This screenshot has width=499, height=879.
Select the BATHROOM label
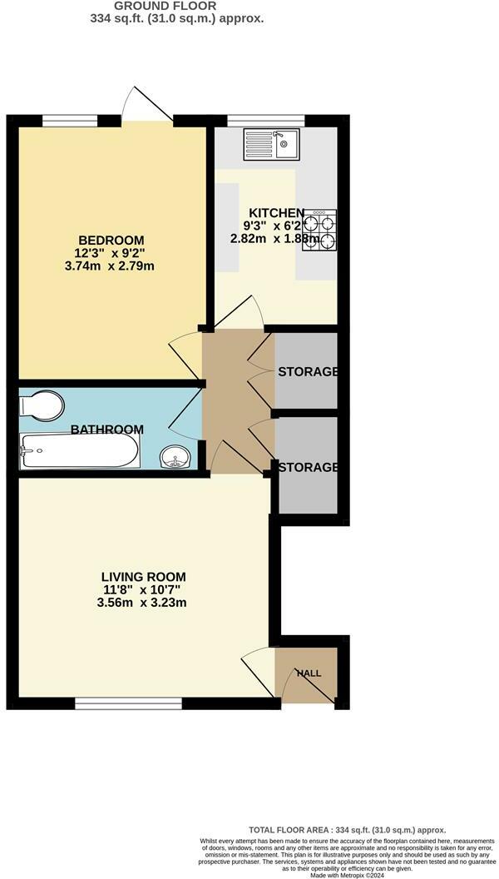[x=106, y=430]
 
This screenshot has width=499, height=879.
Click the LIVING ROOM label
[x=143, y=576]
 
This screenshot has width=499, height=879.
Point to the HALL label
[x=309, y=673]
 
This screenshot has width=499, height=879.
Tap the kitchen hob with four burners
[x=320, y=231]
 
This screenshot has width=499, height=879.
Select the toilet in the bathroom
[x=42, y=406]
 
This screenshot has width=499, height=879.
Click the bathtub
[x=79, y=451]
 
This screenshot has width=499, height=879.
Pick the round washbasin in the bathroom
[x=175, y=457]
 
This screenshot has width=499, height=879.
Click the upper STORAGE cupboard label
[x=308, y=371]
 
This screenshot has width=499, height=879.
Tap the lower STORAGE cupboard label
[x=308, y=467]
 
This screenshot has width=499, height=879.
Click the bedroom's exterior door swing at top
[x=137, y=105]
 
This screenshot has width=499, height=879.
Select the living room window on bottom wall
[x=128, y=704]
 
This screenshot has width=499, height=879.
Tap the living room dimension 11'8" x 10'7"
[x=143, y=589]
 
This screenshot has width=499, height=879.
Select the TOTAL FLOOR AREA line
[x=348, y=830]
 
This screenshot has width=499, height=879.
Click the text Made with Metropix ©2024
[x=348, y=873]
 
